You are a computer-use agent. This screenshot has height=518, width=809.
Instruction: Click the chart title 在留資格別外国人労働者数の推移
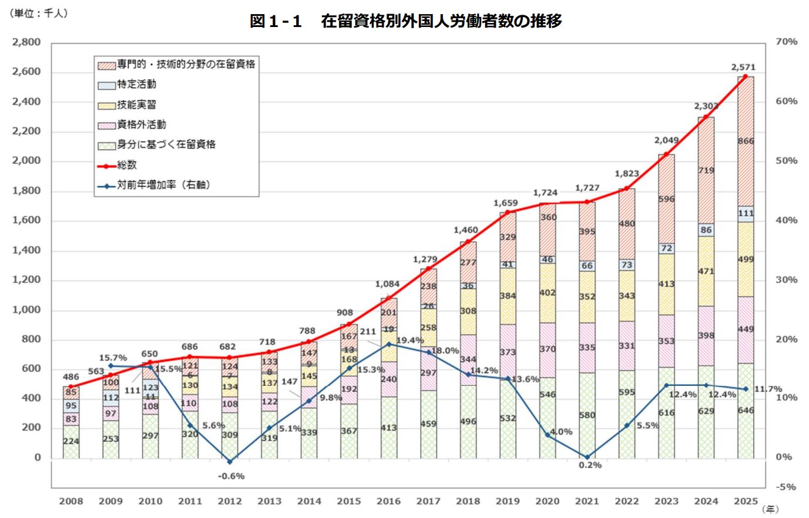click(405, 21)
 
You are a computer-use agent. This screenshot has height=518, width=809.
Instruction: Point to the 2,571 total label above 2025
click(743, 67)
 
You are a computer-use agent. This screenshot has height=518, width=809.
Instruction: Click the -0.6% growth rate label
click(231, 476)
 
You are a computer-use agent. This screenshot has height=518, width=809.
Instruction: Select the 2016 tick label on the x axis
click(388, 501)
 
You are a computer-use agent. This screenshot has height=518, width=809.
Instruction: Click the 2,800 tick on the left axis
click(27, 42)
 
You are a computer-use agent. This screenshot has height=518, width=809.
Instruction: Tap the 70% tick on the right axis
click(786, 42)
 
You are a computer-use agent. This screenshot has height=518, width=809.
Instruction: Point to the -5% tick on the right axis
click(786, 487)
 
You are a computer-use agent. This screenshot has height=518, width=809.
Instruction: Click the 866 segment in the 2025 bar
click(746, 141)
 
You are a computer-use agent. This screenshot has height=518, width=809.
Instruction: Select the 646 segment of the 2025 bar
click(746, 411)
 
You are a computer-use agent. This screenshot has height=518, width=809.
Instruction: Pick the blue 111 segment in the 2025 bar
click(746, 214)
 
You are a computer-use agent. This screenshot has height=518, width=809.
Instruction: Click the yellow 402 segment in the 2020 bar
click(548, 292)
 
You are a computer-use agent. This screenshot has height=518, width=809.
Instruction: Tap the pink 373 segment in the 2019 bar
click(508, 352)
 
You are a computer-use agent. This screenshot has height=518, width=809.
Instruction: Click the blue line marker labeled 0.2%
click(587, 457)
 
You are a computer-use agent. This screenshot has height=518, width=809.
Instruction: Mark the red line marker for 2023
click(666, 154)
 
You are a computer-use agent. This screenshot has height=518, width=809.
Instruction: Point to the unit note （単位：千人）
click(39, 13)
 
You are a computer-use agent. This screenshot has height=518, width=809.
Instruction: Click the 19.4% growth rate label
click(410, 341)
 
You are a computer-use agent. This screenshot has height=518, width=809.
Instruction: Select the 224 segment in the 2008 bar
click(71, 441)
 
